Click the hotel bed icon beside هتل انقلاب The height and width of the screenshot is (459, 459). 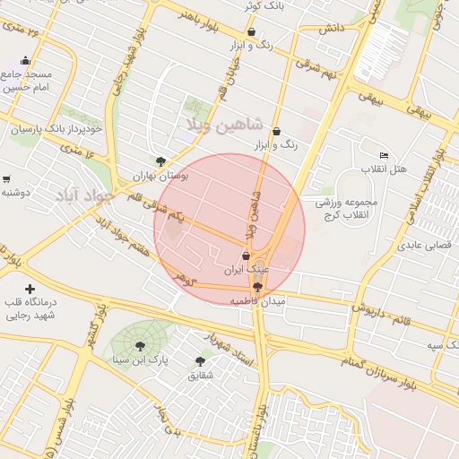(x=385, y=155)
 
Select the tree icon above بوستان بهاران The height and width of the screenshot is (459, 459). (x=160, y=162)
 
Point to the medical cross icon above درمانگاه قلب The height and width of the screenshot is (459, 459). (x=30, y=289)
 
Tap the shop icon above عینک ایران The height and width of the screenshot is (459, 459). (x=247, y=255)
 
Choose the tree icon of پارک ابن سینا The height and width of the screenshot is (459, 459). (x=140, y=346)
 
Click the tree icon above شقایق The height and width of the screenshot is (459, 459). (x=200, y=361)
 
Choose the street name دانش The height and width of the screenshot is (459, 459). (x=331, y=29)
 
